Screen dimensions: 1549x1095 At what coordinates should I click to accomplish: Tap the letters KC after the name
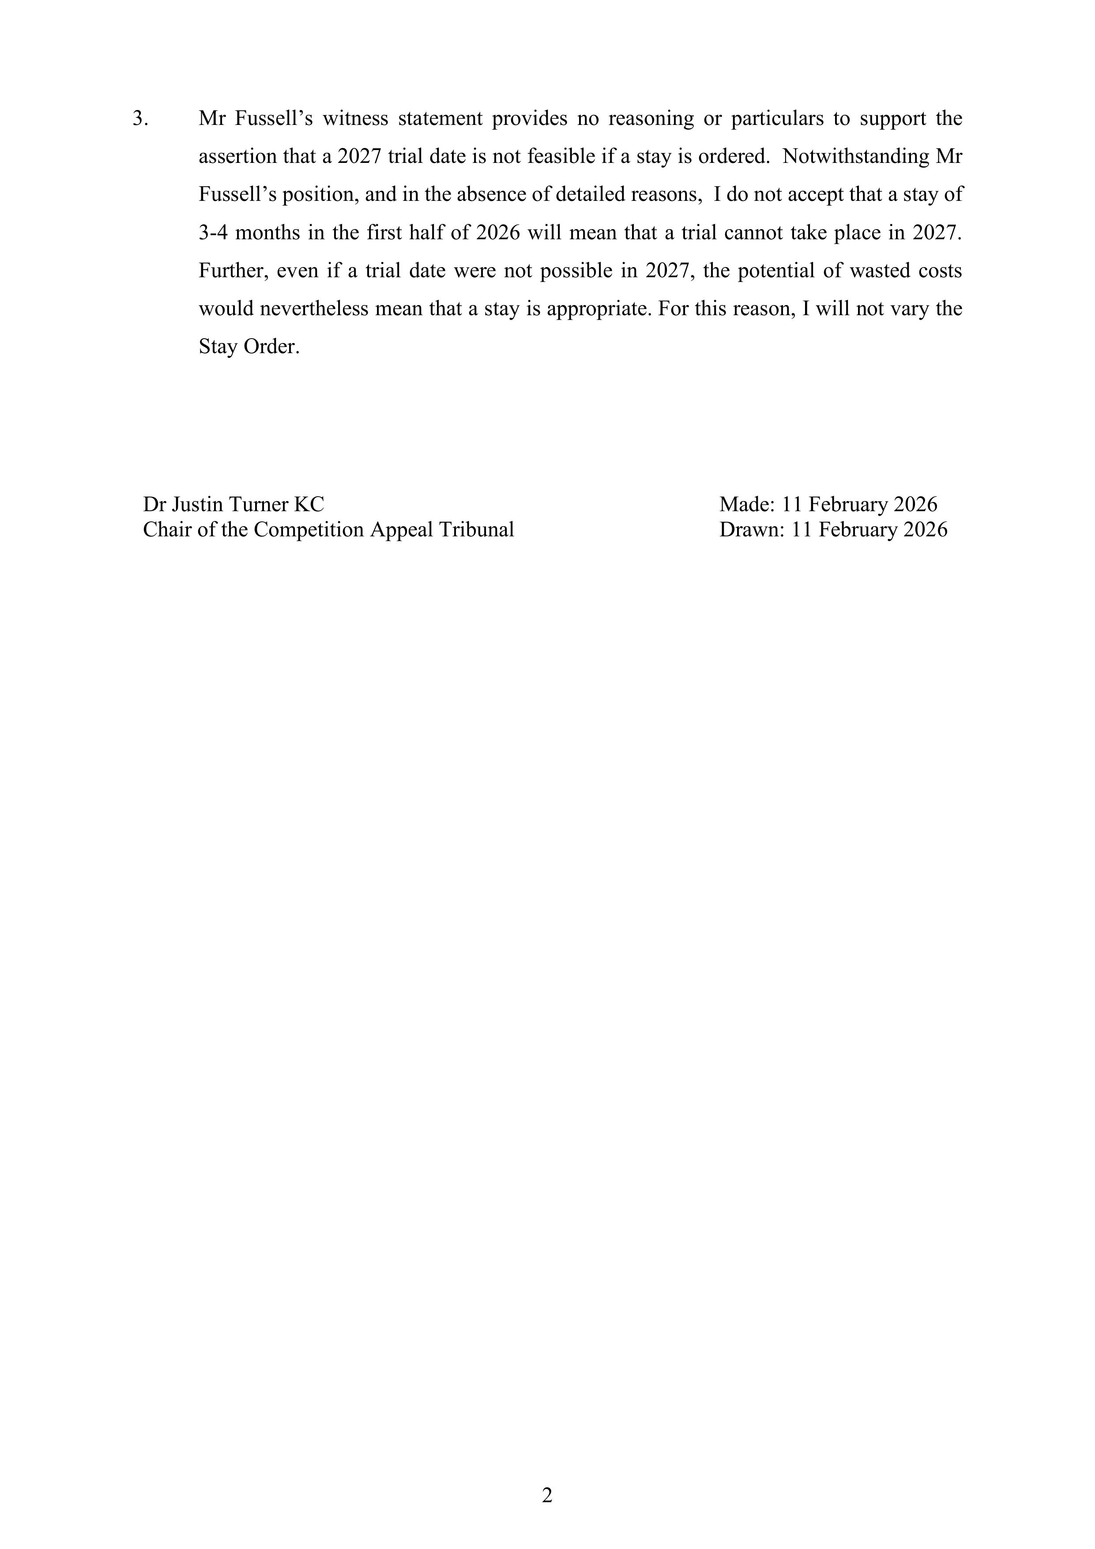(x=309, y=505)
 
